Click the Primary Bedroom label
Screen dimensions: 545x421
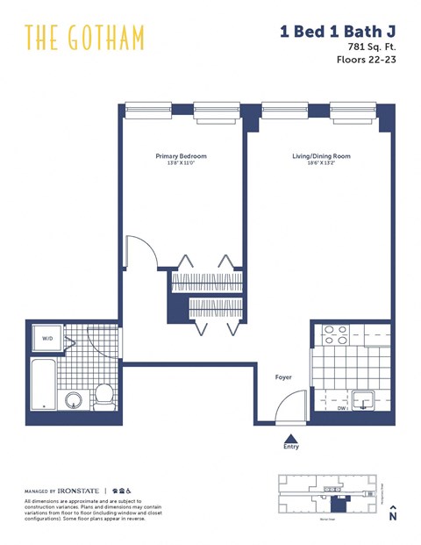point(181,156)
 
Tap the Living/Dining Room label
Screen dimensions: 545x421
point(321,156)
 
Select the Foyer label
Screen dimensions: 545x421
point(282,377)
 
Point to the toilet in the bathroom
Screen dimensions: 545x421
point(103,396)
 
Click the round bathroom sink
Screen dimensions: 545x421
point(74,400)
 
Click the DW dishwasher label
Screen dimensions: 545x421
point(342,408)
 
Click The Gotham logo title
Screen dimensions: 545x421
point(84,38)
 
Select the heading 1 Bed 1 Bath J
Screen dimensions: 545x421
point(338,32)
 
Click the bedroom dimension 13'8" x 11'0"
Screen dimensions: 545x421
point(181,164)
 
